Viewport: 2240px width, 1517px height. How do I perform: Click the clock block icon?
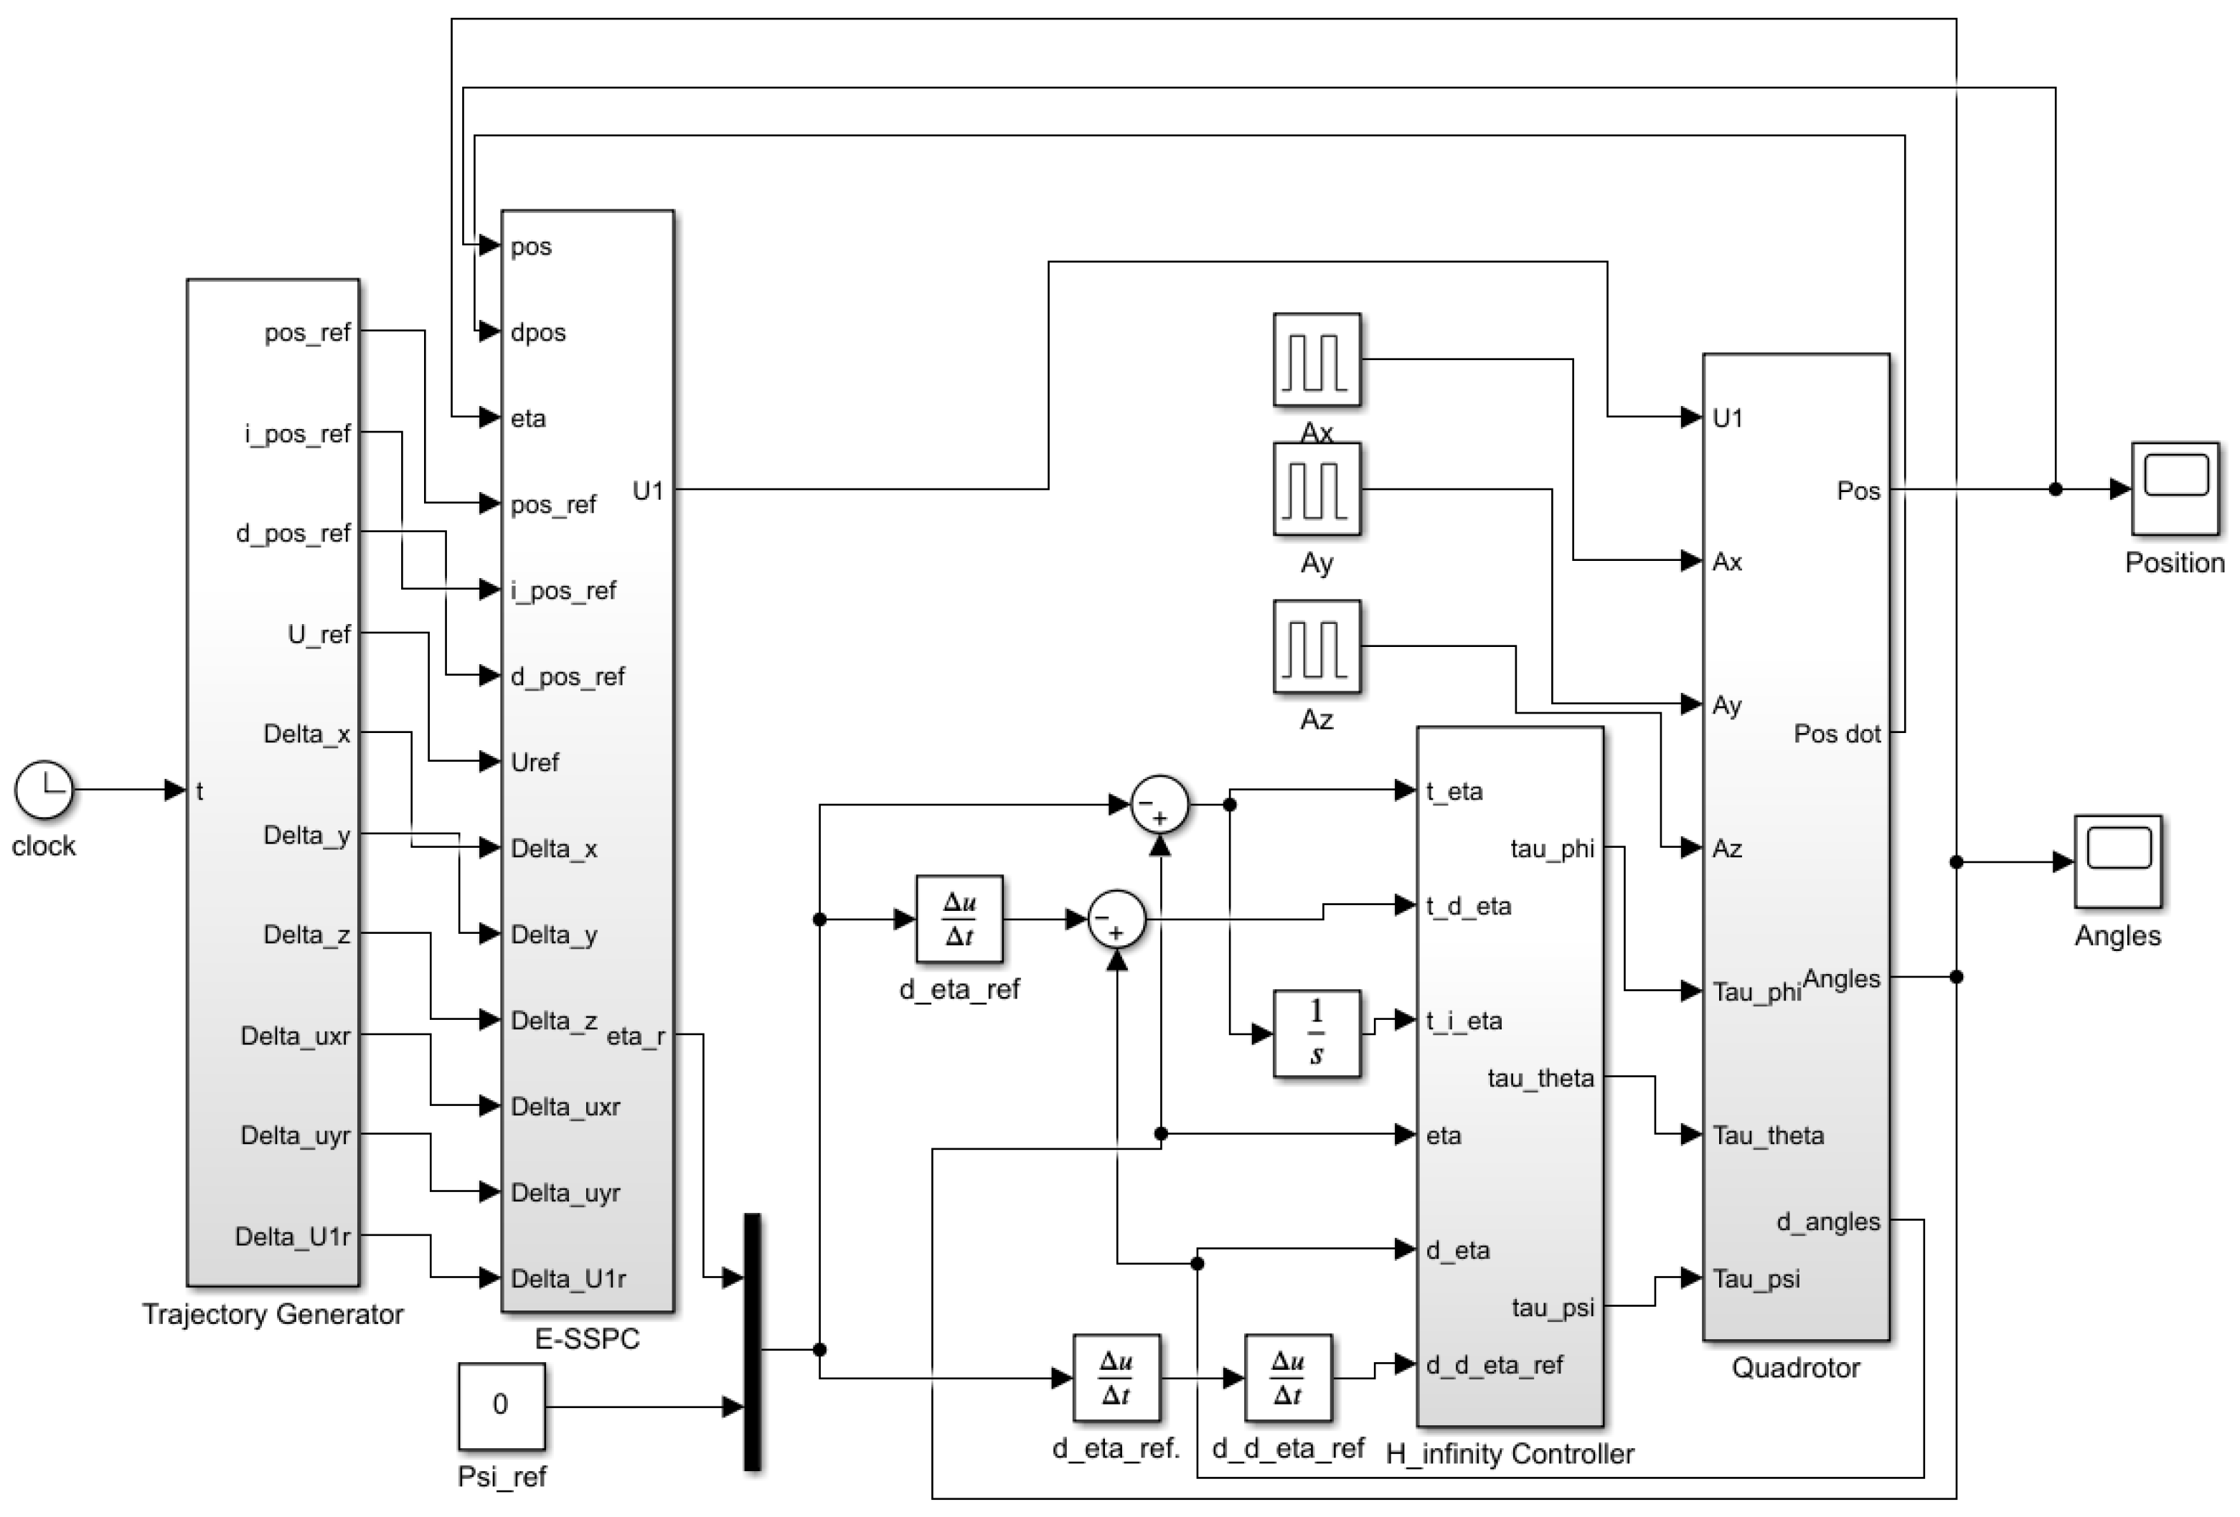[43, 789]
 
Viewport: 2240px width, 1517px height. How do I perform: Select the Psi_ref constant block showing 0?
[502, 1405]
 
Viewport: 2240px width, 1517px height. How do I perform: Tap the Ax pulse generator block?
[1317, 359]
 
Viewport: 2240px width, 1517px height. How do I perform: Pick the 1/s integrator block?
[1317, 1033]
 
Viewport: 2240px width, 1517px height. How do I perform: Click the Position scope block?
[2176, 488]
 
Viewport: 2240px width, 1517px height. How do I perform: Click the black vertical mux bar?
[753, 1341]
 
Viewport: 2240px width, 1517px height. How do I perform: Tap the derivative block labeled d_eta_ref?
[959, 919]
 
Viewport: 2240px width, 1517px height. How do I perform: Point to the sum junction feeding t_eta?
[1159, 804]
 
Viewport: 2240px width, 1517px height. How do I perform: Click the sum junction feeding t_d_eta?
[1116, 919]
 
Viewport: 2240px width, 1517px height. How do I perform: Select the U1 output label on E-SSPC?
[648, 491]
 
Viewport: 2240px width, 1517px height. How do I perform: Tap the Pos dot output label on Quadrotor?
[1836, 734]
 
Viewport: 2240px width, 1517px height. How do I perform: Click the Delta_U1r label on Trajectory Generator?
[292, 1237]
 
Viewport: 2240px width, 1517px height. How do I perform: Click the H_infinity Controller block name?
[1510, 1453]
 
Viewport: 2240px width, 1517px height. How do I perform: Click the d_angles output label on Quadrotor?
[1827, 1222]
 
